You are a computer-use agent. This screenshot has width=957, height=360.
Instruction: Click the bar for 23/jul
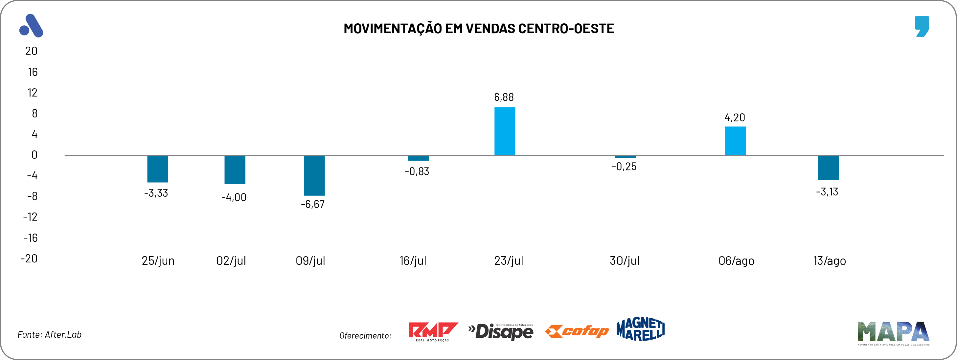[x=505, y=131]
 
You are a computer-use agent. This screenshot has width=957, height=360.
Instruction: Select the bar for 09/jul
[x=314, y=175]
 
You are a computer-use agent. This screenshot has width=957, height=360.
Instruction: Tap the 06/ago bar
[x=735, y=141]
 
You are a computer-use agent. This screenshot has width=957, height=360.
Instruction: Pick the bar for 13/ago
[x=828, y=168]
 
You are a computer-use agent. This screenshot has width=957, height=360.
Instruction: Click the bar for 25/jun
[x=157, y=169]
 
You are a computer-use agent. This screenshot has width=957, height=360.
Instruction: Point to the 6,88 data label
[x=504, y=97]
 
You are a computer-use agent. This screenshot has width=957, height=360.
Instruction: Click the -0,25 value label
[x=624, y=167]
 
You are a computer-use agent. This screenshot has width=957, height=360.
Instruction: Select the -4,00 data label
[x=234, y=197]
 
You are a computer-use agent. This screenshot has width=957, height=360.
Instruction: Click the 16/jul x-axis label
[x=413, y=261]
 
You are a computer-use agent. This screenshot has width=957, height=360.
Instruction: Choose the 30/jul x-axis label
[x=624, y=261]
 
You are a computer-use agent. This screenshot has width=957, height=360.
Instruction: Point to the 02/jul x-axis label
[x=231, y=261]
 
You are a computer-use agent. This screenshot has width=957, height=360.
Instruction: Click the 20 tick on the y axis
[x=31, y=51]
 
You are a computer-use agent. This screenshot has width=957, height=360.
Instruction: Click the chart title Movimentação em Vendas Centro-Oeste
[x=478, y=29]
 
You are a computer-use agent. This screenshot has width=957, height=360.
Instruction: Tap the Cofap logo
[x=577, y=331]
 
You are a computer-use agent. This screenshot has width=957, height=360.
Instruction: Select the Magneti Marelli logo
[x=640, y=329]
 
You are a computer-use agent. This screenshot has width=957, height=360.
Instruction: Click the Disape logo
[x=501, y=331]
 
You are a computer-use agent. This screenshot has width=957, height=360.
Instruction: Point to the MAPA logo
[x=893, y=332]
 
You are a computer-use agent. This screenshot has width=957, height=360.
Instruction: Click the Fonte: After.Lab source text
[x=49, y=334]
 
